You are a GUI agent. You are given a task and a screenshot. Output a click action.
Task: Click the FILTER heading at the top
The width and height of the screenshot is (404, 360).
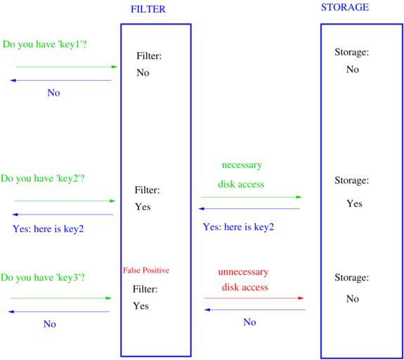pyautogui.click(x=148, y=9)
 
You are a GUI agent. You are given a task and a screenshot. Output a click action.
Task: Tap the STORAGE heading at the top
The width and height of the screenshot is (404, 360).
pyautogui.click(x=345, y=7)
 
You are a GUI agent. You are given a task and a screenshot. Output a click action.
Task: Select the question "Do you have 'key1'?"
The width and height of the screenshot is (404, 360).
pyautogui.click(x=44, y=44)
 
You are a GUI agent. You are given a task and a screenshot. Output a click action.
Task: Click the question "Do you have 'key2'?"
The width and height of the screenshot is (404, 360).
pyautogui.click(x=43, y=179)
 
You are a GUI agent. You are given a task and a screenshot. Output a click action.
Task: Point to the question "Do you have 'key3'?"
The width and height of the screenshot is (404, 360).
pyautogui.click(x=43, y=278)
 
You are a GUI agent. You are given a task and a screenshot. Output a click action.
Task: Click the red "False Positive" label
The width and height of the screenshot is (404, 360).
pyautogui.click(x=146, y=270)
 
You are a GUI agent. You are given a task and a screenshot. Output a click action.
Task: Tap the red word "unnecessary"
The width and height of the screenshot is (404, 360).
pyautogui.click(x=243, y=272)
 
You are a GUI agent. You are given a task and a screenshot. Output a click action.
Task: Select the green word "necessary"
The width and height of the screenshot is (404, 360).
pyautogui.click(x=242, y=165)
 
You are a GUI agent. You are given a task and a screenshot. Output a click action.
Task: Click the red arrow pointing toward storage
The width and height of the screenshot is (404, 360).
pyautogui.click(x=254, y=298)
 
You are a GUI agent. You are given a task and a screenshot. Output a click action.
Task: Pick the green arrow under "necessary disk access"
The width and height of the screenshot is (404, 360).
pyautogui.click(x=252, y=197)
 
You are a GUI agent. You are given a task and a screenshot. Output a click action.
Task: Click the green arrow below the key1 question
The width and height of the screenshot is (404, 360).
pyautogui.click(x=67, y=67)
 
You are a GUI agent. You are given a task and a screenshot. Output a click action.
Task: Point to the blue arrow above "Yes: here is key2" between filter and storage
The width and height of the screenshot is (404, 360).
pyautogui.click(x=249, y=209)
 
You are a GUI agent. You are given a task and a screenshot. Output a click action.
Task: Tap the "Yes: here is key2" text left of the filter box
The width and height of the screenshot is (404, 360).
pyautogui.click(x=48, y=229)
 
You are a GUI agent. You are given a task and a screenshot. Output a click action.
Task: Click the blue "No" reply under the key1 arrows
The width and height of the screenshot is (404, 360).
pyautogui.click(x=53, y=93)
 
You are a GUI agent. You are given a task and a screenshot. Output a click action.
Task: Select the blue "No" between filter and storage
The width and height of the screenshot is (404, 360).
pyautogui.click(x=249, y=322)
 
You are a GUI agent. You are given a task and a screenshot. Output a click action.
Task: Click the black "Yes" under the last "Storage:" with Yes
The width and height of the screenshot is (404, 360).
pyautogui.click(x=354, y=203)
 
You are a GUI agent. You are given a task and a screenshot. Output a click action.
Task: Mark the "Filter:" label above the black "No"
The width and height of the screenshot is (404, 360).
pyautogui.click(x=149, y=56)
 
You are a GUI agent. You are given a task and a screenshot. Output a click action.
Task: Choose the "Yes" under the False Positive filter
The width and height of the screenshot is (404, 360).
pyautogui.click(x=141, y=306)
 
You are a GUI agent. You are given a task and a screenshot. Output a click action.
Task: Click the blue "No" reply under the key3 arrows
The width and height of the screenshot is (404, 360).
pyautogui.click(x=50, y=324)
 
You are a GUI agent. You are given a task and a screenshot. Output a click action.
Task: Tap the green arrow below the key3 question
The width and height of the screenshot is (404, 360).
pyautogui.click(x=61, y=298)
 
